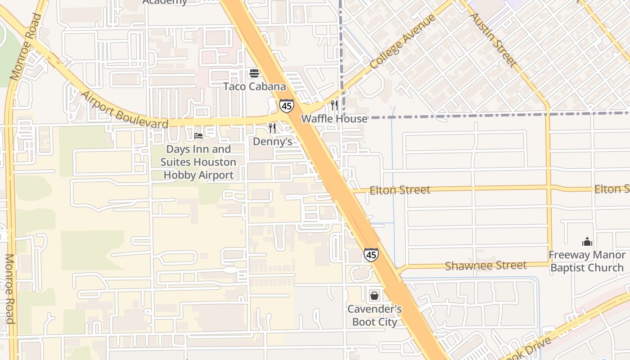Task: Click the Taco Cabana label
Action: coord(255,86)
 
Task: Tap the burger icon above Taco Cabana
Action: coord(254,73)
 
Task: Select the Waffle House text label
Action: coord(334,119)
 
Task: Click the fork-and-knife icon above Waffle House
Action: coord(334,105)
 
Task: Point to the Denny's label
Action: coord(272,142)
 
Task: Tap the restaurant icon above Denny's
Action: coord(272,128)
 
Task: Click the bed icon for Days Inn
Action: coord(198,135)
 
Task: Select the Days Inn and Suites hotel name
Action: coord(198,162)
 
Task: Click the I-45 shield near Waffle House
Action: coord(286,106)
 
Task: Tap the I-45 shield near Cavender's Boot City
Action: coord(371,255)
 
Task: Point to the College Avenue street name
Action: coord(403,41)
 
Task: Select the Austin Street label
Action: coord(493,40)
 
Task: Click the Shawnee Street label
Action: coord(486,266)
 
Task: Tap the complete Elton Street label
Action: coord(400,190)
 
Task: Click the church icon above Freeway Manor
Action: coord(587,242)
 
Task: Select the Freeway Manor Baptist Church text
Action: coord(587,261)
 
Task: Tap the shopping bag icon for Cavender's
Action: coord(374,296)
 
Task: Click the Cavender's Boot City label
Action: coord(374,315)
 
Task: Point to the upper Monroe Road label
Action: coord(25,47)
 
